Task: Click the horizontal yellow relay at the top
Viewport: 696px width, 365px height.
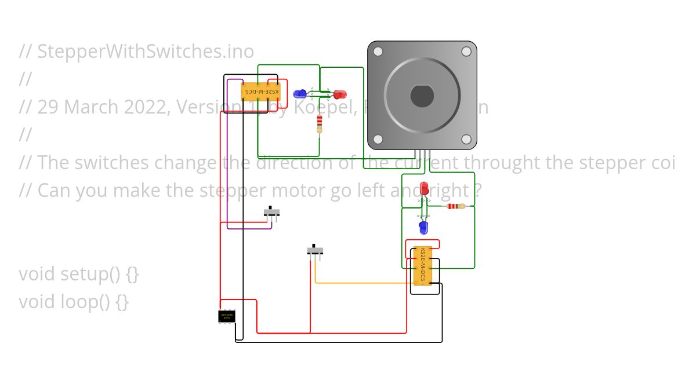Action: [260, 92]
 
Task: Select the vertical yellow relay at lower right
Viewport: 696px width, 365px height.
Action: [423, 265]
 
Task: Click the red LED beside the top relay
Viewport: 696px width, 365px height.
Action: [339, 94]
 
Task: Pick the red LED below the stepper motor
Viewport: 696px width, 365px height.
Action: [424, 189]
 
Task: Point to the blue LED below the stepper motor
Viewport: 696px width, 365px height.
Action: [423, 227]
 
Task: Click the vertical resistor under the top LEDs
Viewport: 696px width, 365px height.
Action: [319, 123]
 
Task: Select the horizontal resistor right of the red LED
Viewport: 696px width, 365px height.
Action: [456, 206]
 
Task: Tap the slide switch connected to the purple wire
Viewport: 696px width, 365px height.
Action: [271, 213]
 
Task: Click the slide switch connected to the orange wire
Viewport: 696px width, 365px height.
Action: [315, 251]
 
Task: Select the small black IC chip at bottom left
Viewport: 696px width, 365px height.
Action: [227, 316]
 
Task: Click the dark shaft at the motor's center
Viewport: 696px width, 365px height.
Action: [422, 96]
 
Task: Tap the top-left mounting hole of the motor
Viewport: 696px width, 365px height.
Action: [378, 52]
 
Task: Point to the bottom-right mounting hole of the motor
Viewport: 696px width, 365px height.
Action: [466, 139]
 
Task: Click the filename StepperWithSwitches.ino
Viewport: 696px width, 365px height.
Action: [146, 52]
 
